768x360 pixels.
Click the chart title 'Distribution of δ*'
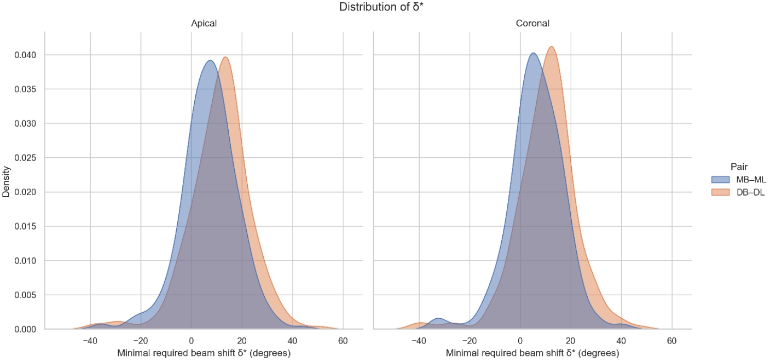coord(384,7)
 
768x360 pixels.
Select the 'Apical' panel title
coord(203,24)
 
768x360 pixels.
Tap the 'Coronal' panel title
coord(532,24)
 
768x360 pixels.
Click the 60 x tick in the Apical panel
coord(343,340)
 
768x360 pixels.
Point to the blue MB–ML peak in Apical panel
coord(210,61)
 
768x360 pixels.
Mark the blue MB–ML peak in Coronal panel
coord(533,54)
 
